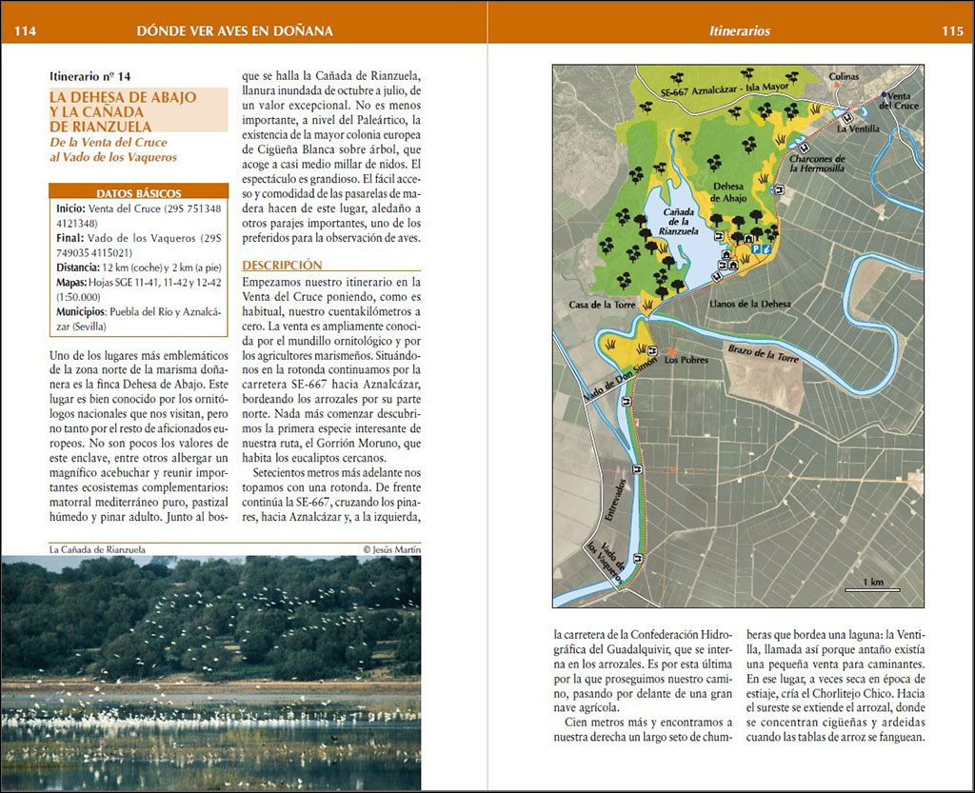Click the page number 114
point(25,31)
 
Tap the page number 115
point(952,31)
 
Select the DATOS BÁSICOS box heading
point(139,192)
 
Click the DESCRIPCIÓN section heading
point(282,265)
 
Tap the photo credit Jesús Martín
point(391,549)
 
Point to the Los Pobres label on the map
point(684,360)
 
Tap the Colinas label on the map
point(844,76)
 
